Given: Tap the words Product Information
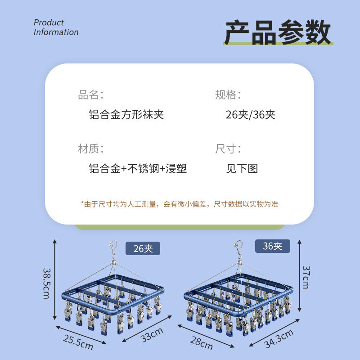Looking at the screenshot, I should tap(56, 27).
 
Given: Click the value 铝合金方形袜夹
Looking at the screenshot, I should tap(126, 114).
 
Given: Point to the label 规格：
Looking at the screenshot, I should tap(228, 95).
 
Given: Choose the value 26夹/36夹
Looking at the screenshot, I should tap(250, 114).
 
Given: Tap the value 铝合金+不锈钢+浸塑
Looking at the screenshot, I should tap(138, 169).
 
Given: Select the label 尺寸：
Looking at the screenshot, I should tap(228, 149).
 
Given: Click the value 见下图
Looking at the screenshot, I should tap(242, 169).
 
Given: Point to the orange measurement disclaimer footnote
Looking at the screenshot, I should tap(179, 204).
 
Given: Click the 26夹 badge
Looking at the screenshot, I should tap(143, 248).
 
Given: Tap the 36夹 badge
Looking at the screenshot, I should tap(273, 246).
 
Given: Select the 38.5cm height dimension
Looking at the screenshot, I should tap(47, 283).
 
